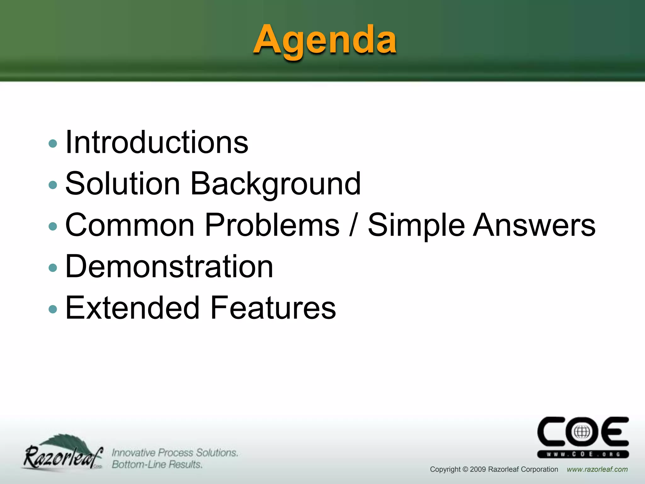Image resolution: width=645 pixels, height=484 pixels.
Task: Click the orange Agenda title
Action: (325, 40)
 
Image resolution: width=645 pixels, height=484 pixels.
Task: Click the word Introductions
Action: (157, 142)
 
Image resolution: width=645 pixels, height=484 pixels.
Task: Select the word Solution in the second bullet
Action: (123, 184)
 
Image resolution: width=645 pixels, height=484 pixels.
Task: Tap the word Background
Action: (276, 184)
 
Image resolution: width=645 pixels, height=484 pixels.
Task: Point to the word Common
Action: (130, 225)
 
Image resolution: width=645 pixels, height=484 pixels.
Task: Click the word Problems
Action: (272, 225)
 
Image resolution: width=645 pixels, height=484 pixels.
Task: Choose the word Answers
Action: (534, 225)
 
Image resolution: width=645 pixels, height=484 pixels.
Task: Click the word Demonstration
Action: (169, 267)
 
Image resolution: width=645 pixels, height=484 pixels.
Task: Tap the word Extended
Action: (132, 308)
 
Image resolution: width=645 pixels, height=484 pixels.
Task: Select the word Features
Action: (273, 308)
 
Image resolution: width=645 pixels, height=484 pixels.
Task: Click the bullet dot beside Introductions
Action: (53, 144)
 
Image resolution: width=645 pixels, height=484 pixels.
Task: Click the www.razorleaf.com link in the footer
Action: (597, 470)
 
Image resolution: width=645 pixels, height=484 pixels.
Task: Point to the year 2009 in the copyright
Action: (478, 470)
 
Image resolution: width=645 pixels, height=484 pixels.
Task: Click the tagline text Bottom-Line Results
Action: (157, 464)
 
